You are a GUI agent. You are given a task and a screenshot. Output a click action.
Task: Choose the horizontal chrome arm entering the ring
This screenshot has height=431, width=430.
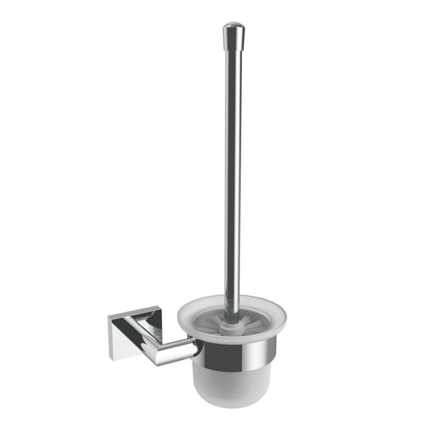(176, 349)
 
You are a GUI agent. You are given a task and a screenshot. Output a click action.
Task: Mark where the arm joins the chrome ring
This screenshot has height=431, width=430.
(196, 347)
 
